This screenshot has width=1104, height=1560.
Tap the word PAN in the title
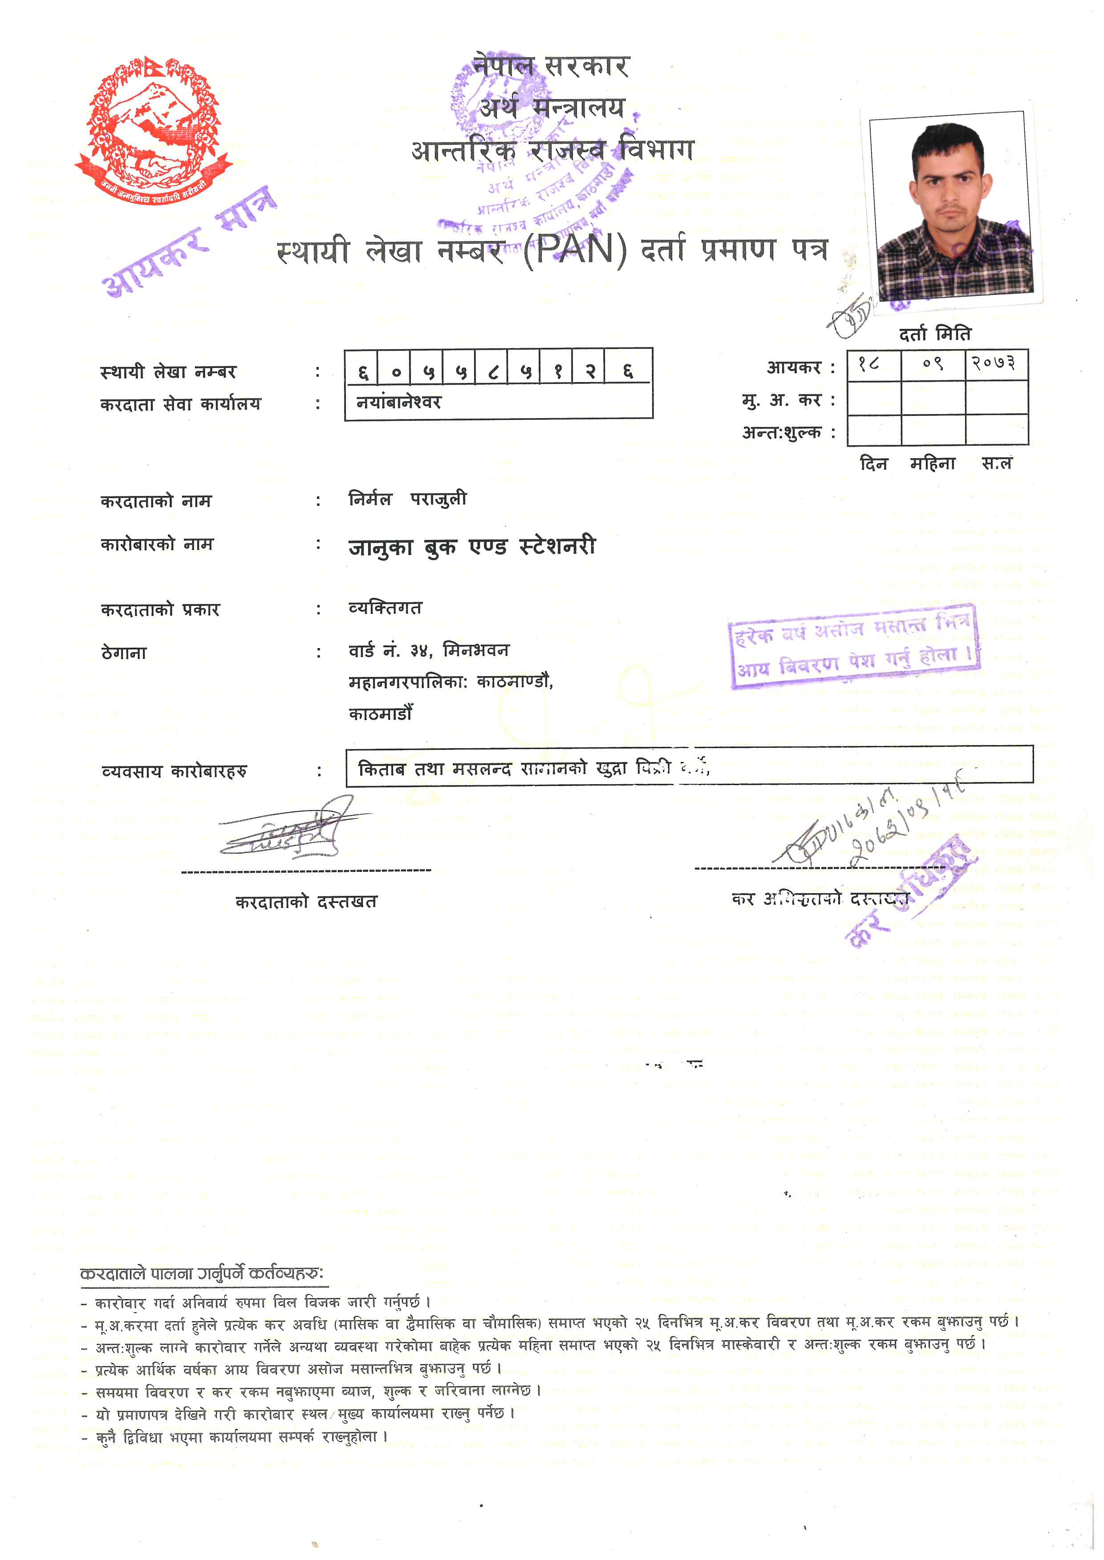(574, 250)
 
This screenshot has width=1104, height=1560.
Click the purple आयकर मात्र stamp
(191, 241)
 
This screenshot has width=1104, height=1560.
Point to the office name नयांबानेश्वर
(399, 402)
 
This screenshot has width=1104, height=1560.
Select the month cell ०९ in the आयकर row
(933, 364)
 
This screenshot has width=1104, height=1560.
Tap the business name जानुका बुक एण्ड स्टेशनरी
(472, 547)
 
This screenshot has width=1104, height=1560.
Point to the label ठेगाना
(124, 653)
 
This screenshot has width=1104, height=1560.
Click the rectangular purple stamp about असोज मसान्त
(855, 646)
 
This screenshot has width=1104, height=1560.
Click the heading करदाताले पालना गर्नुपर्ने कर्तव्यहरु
(202, 1274)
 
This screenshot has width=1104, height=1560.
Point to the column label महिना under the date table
(933, 464)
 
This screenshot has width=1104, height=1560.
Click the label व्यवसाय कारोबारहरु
(174, 771)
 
